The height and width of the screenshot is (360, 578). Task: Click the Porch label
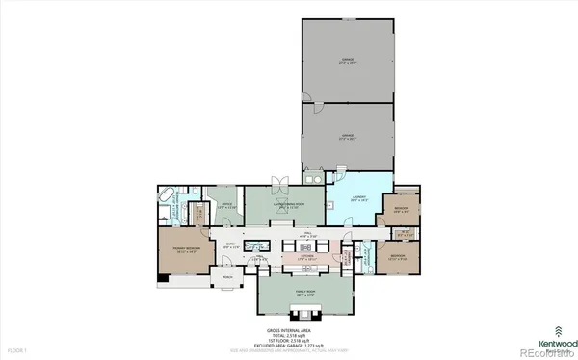(228, 278)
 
